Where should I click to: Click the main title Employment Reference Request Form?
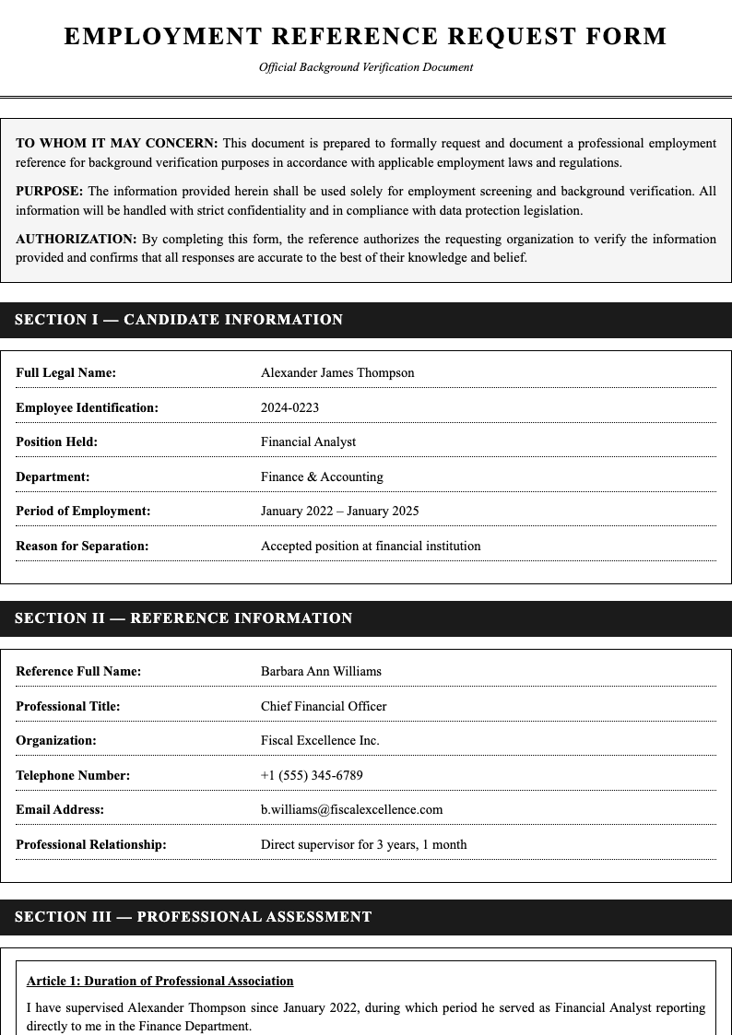click(366, 37)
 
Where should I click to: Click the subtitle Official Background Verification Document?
click(366, 67)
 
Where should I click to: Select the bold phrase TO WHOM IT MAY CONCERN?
click(116, 143)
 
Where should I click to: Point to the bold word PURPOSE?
click(49, 191)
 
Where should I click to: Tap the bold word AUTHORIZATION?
click(76, 239)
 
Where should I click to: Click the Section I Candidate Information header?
click(179, 320)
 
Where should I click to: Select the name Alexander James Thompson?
click(337, 372)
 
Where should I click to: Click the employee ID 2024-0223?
click(289, 407)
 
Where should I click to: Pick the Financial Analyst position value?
click(308, 441)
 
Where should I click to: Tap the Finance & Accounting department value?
click(322, 476)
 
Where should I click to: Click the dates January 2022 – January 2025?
click(339, 511)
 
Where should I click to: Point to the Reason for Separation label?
click(82, 546)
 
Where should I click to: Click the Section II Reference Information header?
click(183, 618)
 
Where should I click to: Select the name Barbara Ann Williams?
click(321, 671)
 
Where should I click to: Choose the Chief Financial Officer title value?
click(324, 706)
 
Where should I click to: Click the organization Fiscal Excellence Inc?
click(320, 740)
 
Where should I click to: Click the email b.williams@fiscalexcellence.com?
click(351, 809)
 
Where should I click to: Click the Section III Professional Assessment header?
click(194, 917)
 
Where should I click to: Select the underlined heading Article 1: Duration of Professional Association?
click(160, 981)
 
